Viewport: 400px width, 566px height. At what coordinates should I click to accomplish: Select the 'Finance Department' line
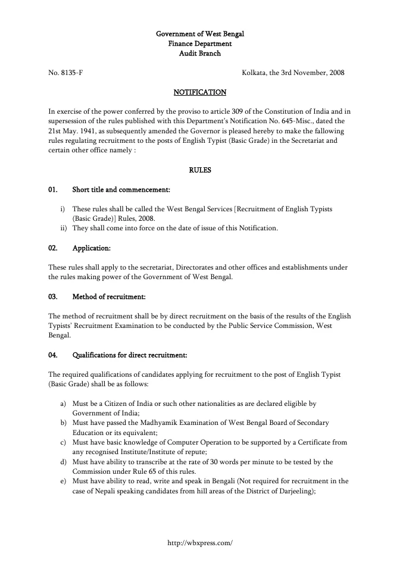click(199, 43)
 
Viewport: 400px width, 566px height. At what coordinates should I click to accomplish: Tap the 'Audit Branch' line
click(199, 53)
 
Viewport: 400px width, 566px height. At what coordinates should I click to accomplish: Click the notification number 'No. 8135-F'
click(65, 73)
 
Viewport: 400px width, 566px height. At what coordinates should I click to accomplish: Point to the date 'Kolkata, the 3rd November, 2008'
click(293, 73)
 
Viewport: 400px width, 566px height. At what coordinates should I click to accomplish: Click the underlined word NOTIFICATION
click(199, 92)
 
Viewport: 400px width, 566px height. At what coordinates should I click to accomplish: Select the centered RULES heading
click(199, 170)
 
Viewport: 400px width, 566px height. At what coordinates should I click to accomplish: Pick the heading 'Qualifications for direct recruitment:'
click(130, 355)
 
